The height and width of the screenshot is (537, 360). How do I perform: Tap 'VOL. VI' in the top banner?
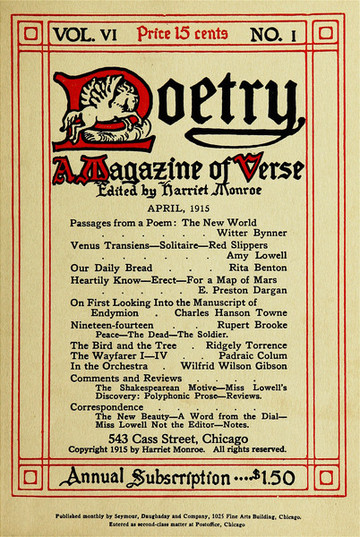90,33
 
